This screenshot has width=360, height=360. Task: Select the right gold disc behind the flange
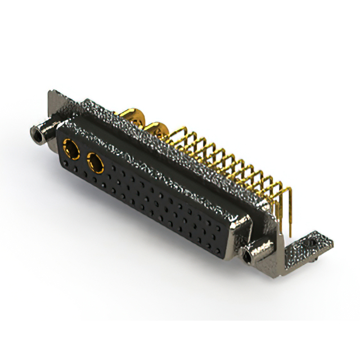[159, 130]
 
